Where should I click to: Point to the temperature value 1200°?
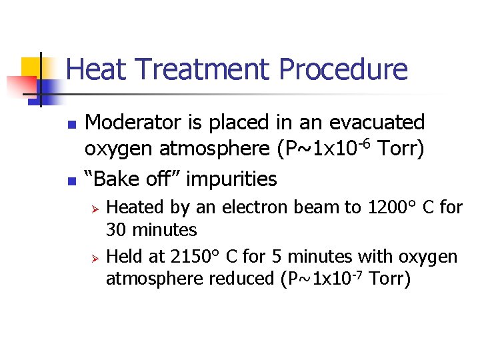tap(389, 207)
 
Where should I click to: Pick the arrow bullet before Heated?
tap(95, 209)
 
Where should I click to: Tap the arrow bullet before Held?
tap(95, 257)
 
